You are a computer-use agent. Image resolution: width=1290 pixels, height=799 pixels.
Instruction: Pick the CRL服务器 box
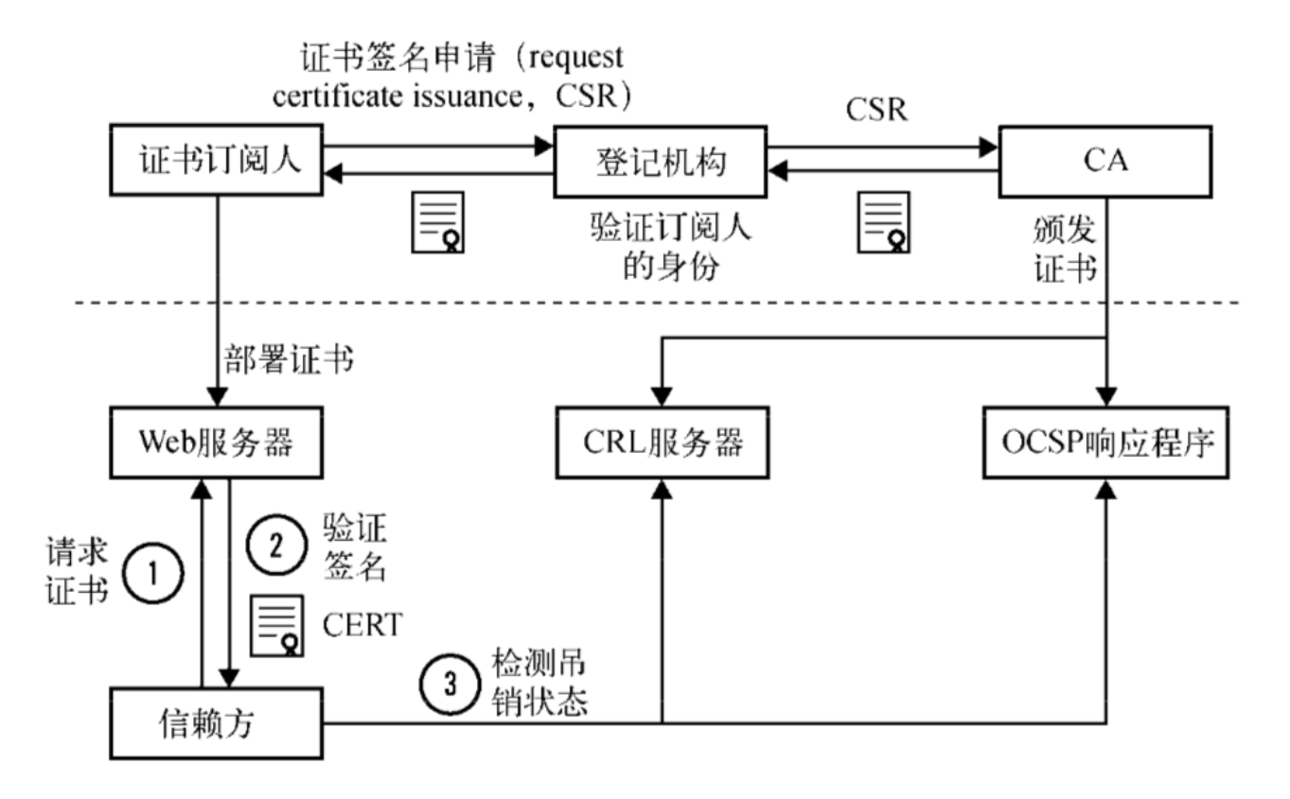[x=660, y=442]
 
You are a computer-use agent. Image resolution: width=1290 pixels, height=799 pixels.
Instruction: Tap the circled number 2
[x=275, y=546]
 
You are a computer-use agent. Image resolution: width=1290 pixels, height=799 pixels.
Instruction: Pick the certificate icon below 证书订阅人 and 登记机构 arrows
[x=436, y=221]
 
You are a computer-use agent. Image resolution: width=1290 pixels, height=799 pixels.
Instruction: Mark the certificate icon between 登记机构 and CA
[x=883, y=221]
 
